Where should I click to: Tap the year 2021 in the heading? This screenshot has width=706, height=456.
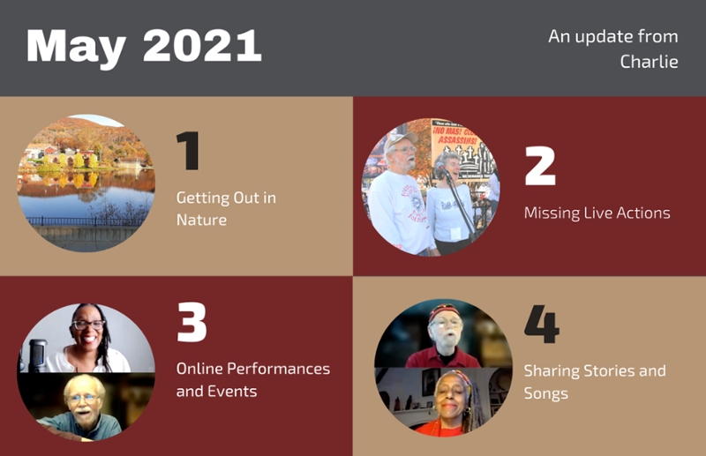(202, 46)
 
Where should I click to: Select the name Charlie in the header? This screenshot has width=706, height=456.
(649, 61)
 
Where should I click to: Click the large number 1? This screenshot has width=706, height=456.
(188, 150)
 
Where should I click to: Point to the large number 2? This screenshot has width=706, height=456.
(540, 166)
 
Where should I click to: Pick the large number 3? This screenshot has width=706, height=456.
(192, 322)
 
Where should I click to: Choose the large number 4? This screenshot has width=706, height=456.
(542, 324)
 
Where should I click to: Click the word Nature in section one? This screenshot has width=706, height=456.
(201, 221)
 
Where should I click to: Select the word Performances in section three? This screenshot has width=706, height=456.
(278, 369)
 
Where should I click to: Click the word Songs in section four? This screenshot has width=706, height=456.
(545, 394)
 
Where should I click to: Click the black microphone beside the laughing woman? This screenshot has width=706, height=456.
(37, 355)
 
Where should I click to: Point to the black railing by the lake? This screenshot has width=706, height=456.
(86, 221)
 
